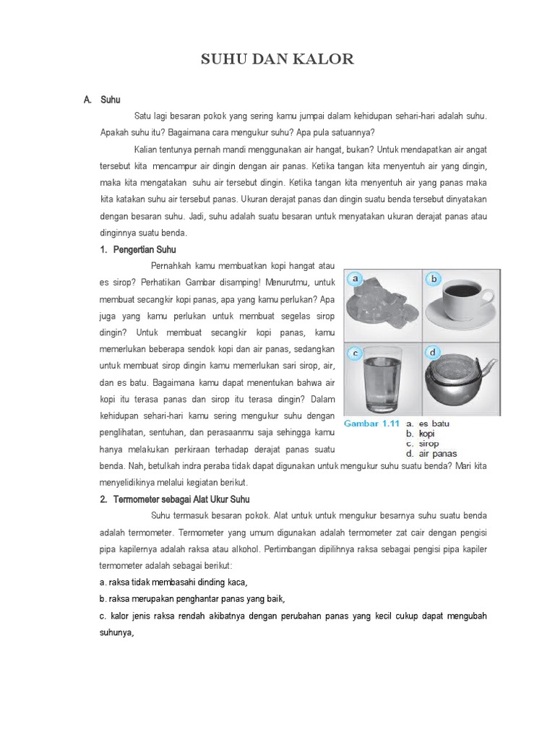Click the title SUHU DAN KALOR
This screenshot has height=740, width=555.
(x=277, y=59)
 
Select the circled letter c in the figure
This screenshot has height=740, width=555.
(x=355, y=353)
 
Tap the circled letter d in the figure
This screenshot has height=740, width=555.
(x=434, y=353)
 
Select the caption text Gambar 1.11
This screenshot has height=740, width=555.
(x=371, y=423)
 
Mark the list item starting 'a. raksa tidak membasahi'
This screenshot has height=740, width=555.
(x=173, y=582)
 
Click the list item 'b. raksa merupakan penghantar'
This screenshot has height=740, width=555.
(x=192, y=598)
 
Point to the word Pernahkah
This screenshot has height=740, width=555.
(x=172, y=266)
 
